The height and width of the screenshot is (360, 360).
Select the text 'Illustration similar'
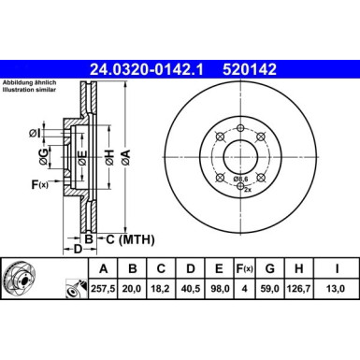pos(34,93)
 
